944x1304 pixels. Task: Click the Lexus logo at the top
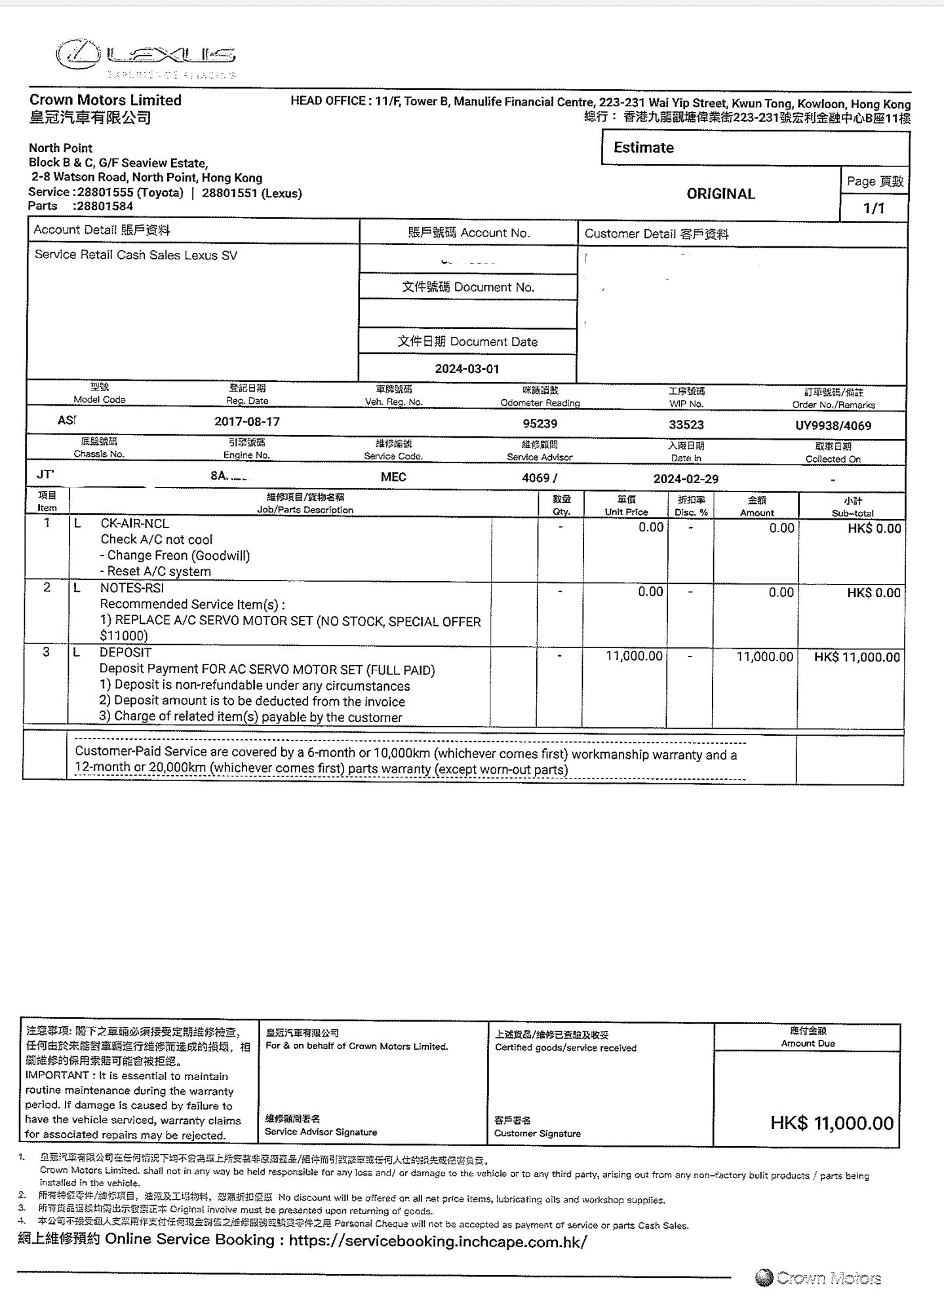146,56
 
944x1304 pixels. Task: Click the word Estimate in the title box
643,147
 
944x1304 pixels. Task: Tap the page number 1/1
873,208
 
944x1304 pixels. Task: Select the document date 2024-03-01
467,369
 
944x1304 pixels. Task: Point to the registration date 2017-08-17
246,421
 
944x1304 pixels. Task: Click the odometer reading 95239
540,424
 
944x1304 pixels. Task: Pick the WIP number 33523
686,425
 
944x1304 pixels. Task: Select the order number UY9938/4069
833,426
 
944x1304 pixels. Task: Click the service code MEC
393,477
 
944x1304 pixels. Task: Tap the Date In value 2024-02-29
686,479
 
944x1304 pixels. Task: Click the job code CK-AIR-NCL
134,524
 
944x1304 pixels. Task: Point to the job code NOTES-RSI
132,588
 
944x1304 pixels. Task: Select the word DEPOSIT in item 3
125,653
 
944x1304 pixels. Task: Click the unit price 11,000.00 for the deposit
634,656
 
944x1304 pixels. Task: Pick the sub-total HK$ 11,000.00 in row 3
857,657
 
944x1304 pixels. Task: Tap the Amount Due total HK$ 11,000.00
832,1123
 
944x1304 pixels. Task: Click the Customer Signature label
537,1134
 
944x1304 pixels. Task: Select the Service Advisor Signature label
321,1132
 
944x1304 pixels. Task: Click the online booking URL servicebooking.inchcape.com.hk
437,1241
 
